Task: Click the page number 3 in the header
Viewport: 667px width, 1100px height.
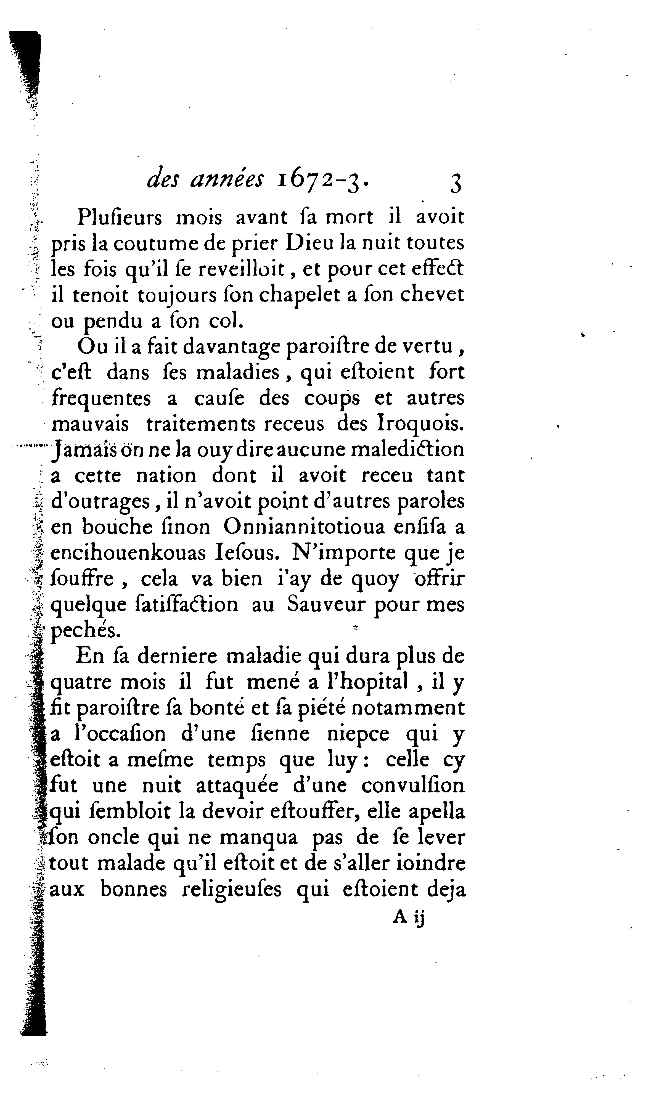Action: click(x=455, y=183)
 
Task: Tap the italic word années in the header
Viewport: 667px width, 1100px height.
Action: click(x=227, y=180)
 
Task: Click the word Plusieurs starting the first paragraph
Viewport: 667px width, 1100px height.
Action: click(x=120, y=217)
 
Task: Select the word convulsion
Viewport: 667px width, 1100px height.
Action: click(x=413, y=786)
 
